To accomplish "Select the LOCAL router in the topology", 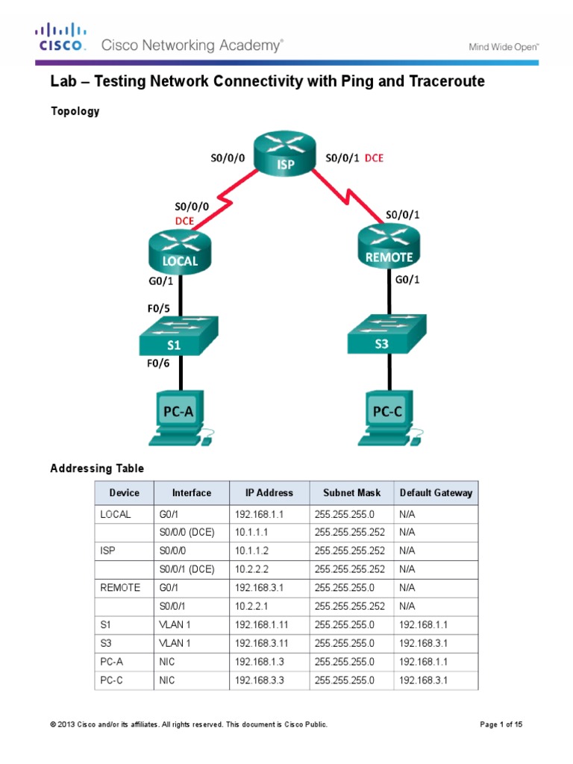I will pos(181,252).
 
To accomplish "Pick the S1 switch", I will pos(178,337).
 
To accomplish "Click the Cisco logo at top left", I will pos(60,37).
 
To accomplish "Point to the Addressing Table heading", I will pos(97,469).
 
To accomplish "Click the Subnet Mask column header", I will pos(351,493).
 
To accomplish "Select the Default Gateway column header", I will pos(436,493).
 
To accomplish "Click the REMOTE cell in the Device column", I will pos(120,587).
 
